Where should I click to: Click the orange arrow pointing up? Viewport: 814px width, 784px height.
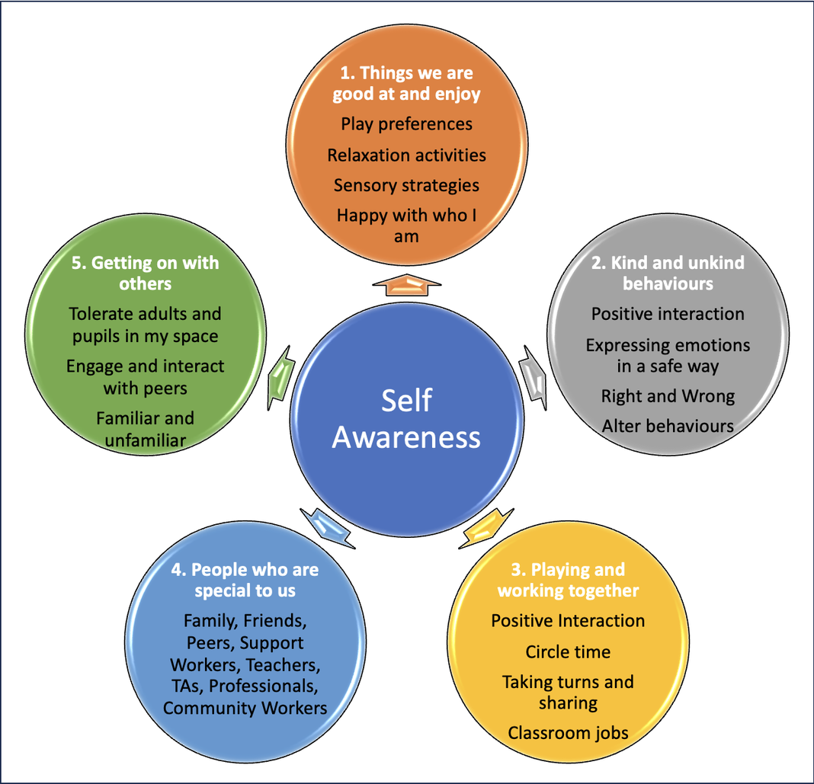pos(407,286)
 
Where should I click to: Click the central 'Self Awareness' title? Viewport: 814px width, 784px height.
pos(407,419)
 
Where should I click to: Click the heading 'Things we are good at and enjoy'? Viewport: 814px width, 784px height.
pos(406,84)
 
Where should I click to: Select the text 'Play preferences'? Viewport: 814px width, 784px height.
pos(406,123)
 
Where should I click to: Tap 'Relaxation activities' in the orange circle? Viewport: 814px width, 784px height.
pos(406,155)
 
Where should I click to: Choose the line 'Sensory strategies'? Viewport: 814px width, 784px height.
pos(406,185)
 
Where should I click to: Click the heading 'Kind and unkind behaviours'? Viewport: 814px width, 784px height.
pos(668,273)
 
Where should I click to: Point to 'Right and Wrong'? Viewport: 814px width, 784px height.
pos(668,396)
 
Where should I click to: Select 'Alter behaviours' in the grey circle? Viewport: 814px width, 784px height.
pos(668,426)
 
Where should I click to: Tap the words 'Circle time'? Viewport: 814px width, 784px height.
pos(568,652)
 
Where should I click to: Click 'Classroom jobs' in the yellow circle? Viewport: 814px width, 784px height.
pos(568,733)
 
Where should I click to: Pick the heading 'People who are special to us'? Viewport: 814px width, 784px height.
pos(245,580)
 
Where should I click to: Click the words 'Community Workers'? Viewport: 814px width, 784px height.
pos(245,708)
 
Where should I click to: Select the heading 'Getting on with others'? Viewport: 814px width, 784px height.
pos(145,273)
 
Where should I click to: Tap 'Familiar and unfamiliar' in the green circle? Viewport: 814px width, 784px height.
pos(145,428)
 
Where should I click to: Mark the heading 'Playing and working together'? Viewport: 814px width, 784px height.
pos(568,580)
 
